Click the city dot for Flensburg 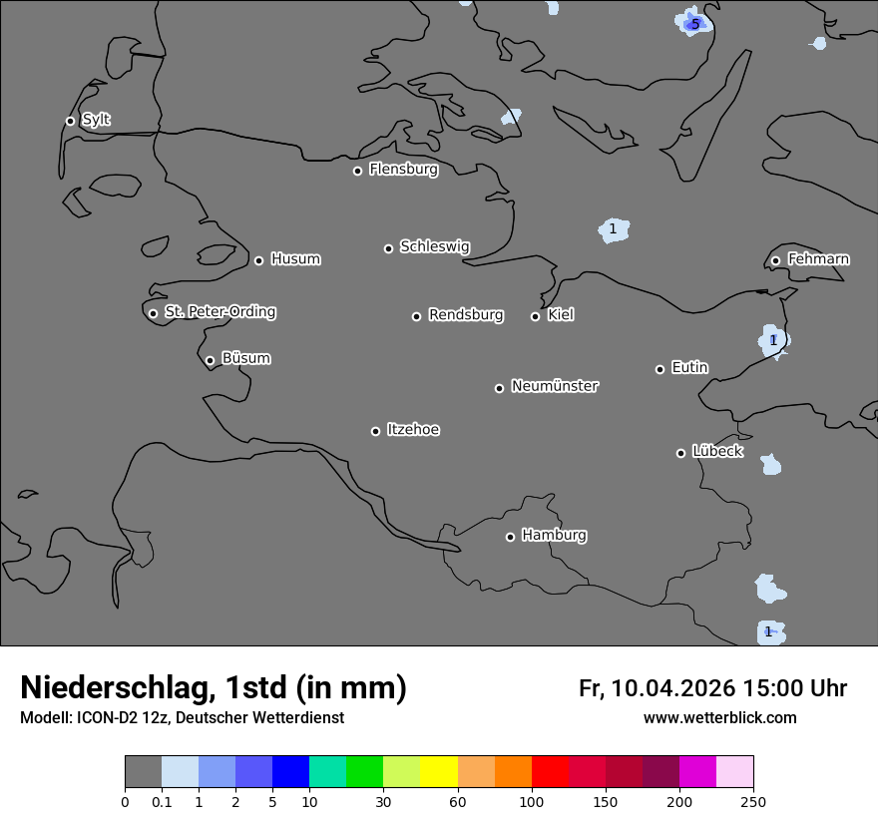tap(357, 171)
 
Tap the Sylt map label tap(96, 120)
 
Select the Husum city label tap(295, 259)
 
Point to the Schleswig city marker tap(388, 248)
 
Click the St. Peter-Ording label tap(219, 312)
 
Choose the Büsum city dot tap(210, 360)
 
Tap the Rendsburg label tap(466, 315)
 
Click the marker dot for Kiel tap(535, 316)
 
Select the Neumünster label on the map tap(555, 386)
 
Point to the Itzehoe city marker tap(375, 431)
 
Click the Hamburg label tap(554, 536)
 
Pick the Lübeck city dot tap(680, 453)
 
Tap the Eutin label tap(689, 368)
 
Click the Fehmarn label tap(818, 259)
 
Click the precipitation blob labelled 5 tap(694, 23)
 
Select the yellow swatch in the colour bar tap(439, 772)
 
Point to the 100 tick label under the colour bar tap(532, 801)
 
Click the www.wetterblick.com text tap(719, 718)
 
